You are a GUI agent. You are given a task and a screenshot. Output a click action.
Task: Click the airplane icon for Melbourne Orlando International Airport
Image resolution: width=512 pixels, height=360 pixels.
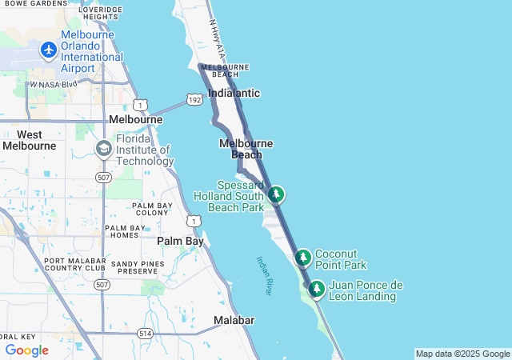point(48,50)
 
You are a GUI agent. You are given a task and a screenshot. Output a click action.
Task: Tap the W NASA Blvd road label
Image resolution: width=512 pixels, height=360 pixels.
point(54,83)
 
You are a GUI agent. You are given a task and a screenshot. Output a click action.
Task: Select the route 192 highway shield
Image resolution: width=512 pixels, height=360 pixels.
point(194,98)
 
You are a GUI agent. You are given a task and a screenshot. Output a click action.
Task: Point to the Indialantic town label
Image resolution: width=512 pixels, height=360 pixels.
point(234,93)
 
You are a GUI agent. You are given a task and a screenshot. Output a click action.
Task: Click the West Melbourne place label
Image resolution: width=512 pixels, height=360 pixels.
point(30,140)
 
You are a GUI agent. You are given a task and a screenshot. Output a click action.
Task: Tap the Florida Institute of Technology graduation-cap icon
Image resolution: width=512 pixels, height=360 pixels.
point(103,149)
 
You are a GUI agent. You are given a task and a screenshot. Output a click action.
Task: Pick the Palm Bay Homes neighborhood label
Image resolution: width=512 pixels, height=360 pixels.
point(126,231)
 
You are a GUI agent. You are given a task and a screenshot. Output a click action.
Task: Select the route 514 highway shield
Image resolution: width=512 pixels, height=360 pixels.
point(145,333)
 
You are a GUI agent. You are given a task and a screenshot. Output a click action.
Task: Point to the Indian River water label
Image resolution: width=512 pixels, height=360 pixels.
point(265,275)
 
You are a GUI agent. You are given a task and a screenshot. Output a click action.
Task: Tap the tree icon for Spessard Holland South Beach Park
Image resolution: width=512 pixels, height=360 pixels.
point(276,194)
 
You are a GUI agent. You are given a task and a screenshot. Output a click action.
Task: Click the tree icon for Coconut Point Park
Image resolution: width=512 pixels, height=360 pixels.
point(302,258)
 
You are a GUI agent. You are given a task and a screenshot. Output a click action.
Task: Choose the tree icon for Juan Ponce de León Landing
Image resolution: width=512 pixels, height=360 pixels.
point(317,288)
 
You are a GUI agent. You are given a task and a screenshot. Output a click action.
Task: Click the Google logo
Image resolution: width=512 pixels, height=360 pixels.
point(26,350)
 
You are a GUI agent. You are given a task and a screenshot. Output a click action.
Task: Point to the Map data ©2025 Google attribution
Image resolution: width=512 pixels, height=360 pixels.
point(462,354)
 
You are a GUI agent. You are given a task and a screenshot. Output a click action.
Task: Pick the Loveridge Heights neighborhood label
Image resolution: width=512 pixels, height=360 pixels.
point(106,12)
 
